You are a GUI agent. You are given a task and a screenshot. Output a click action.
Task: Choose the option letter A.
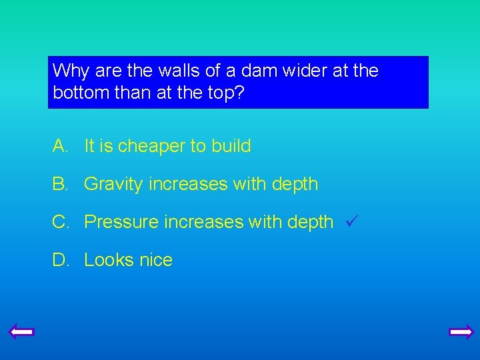click(59, 146)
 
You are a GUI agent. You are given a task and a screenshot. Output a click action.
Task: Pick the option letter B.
click(59, 184)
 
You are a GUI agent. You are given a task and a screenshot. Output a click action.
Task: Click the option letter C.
click(59, 221)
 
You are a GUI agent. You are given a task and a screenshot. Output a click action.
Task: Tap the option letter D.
click(59, 260)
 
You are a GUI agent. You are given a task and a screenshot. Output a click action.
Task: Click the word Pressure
click(120, 221)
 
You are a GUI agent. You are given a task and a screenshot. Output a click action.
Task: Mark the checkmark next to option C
click(353, 221)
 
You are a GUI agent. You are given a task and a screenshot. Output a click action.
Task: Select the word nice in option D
click(156, 260)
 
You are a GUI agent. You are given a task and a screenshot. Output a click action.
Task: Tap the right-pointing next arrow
click(461, 331)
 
